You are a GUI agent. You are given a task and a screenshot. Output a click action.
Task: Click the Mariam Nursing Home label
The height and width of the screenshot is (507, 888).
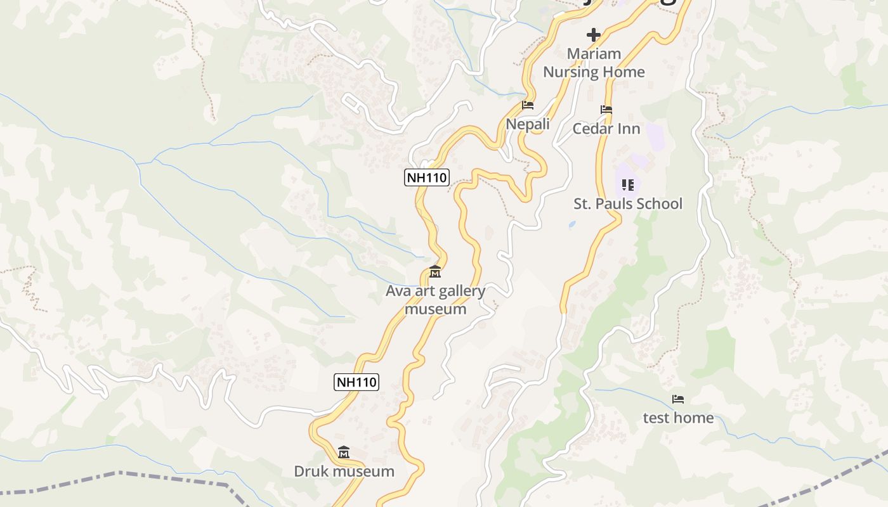click(594, 63)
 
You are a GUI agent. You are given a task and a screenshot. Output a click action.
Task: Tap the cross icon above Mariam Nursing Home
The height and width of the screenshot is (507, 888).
click(594, 34)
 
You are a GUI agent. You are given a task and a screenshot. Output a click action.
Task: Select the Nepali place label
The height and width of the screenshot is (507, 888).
click(528, 124)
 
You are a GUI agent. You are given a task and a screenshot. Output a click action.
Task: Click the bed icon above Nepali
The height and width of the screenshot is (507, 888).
click(528, 105)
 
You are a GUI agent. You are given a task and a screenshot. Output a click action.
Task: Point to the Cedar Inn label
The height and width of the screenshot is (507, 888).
click(606, 129)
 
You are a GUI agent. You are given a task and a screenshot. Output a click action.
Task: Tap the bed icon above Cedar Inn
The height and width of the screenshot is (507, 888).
click(606, 110)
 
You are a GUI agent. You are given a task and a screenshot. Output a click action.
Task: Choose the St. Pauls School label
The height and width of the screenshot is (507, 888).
click(628, 203)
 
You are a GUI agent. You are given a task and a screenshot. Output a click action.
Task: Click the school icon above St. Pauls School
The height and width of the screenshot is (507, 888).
click(628, 185)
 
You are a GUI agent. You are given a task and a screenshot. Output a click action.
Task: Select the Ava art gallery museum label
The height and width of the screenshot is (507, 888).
click(436, 300)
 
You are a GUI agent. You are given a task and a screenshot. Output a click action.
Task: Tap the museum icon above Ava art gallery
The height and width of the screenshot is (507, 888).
click(435, 272)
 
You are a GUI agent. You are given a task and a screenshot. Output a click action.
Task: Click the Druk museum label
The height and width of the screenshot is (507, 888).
click(344, 471)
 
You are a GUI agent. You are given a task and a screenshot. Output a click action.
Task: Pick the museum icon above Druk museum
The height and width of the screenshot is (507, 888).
click(344, 452)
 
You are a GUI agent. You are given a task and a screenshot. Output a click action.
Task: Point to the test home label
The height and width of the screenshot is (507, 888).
click(678, 418)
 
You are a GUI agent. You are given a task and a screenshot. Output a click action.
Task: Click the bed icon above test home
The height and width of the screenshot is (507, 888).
click(678, 399)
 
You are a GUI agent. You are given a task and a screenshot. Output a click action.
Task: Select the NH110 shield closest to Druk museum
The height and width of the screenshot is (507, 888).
click(356, 382)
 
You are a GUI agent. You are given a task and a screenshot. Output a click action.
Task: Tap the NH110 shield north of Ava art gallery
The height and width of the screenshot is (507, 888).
click(426, 177)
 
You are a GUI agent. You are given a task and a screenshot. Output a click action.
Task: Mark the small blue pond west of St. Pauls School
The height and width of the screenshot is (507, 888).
click(572, 224)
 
